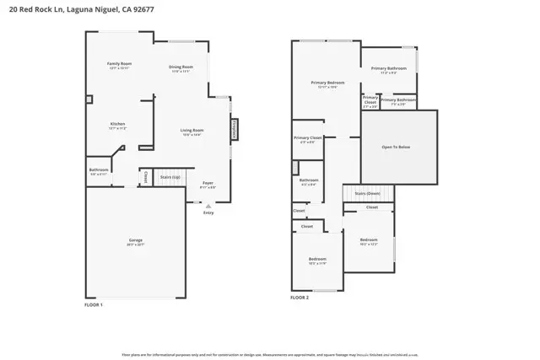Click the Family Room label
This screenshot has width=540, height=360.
click(x=119, y=64)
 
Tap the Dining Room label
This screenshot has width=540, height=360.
click(x=181, y=67)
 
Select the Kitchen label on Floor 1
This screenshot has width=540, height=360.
click(x=117, y=125)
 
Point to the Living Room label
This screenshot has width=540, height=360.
click(x=192, y=131)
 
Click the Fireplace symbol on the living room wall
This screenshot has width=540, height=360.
click(x=234, y=130)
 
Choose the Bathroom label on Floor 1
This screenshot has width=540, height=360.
click(x=99, y=170)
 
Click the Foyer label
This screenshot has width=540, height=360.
click(x=208, y=183)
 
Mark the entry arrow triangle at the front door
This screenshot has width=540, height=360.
click(x=208, y=205)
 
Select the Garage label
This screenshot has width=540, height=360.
click(x=135, y=241)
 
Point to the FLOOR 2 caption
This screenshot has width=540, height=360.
click(x=300, y=297)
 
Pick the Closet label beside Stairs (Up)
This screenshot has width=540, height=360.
click(x=146, y=178)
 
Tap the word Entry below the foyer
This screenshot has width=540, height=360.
click(x=208, y=212)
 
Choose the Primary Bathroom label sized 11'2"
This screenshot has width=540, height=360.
click(x=388, y=69)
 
